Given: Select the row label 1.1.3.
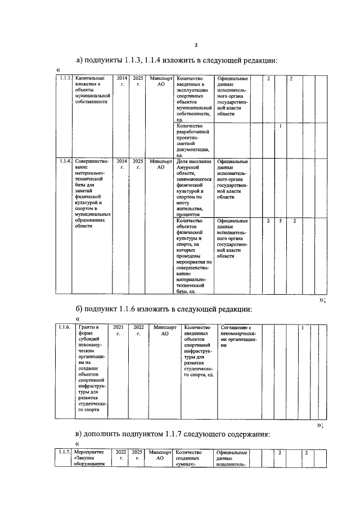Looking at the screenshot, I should coord(65,78).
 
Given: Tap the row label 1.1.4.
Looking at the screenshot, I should coord(65,161).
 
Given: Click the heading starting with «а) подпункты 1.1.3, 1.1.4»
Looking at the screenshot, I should coord(178,60).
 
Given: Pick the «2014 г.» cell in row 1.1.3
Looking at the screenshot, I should coord(122,82).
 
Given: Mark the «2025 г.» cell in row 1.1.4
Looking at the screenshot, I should coord(138,164).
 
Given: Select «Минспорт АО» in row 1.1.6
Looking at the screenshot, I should coord(165,330).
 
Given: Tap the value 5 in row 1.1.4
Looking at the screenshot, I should coord(281,220).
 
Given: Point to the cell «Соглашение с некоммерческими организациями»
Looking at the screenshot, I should coord(238,336).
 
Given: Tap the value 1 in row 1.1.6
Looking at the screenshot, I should coord(303,327).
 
